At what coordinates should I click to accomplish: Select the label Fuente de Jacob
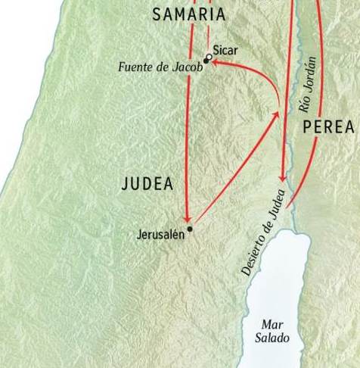click(x=160, y=67)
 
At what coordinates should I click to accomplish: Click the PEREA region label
click(x=327, y=128)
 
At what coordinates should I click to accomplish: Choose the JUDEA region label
click(x=147, y=184)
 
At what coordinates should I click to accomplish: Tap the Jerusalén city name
click(x=161, y=234)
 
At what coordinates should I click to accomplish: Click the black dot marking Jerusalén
click(x=190, y=229)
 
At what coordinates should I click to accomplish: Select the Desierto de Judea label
click(x=262, y=233)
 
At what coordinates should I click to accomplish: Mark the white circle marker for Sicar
click(x=209, y=57)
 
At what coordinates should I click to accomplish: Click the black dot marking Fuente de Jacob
click(x=205, y=61)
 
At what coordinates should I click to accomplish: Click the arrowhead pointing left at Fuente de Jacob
click(x=214, y=64)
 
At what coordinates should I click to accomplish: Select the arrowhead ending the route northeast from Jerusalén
click(x=276, y=114)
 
